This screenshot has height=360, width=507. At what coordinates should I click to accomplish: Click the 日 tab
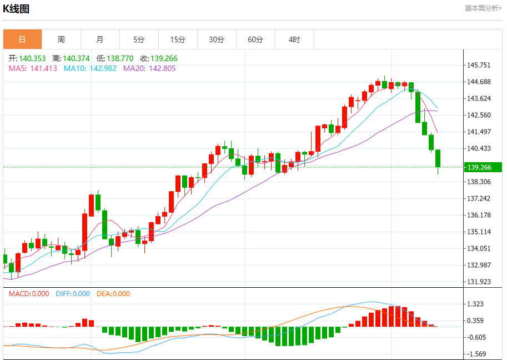pos(22,39)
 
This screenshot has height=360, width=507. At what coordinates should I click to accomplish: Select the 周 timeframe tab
pos(61,39)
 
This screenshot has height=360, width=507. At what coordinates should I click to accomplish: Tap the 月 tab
pos(100,39)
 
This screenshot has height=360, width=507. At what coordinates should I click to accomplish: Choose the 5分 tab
pos(139,39)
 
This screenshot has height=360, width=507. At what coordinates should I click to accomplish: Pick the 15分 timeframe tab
pos(178,39)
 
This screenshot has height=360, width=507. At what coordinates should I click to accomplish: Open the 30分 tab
pos(217,39)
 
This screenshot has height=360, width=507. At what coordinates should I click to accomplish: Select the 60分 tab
pos(255,39)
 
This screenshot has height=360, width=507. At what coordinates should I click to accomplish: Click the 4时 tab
pos(294,39)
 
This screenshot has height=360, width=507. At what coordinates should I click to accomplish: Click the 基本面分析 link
pos(483,8)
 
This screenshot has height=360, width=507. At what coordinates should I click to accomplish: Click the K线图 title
pos(16,9)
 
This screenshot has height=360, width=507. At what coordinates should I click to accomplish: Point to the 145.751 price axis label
pos(479,65)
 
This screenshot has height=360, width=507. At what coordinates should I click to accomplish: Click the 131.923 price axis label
pos(479,282)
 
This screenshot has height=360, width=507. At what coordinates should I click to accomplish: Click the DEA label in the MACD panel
pos(103,294)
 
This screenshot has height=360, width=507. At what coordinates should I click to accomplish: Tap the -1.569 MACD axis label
pos(477,354)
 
